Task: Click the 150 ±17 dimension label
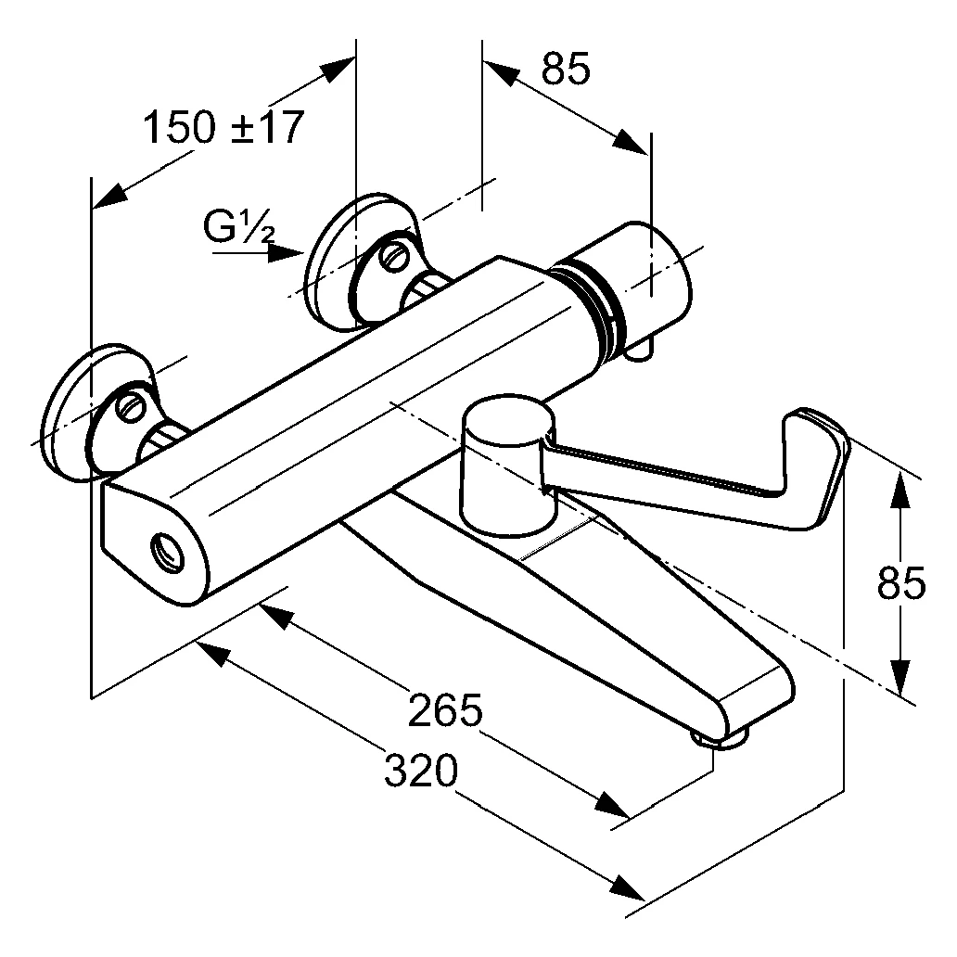pos(223,127)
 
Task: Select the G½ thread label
pos(239,225)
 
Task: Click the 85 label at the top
pos(565,70)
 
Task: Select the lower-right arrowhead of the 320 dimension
pos(630,891)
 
